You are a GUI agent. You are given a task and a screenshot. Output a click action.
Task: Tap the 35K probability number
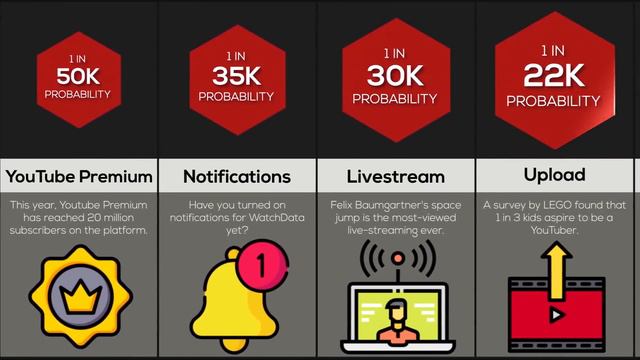tap(236, 76)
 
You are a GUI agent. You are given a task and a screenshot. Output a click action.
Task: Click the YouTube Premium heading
tap(79, 177)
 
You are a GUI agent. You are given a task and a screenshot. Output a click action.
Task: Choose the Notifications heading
tap(237, 177)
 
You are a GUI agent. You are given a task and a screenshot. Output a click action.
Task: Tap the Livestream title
tap(395, 177)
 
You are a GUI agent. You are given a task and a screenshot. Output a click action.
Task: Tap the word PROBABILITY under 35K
tap(236, 97)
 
